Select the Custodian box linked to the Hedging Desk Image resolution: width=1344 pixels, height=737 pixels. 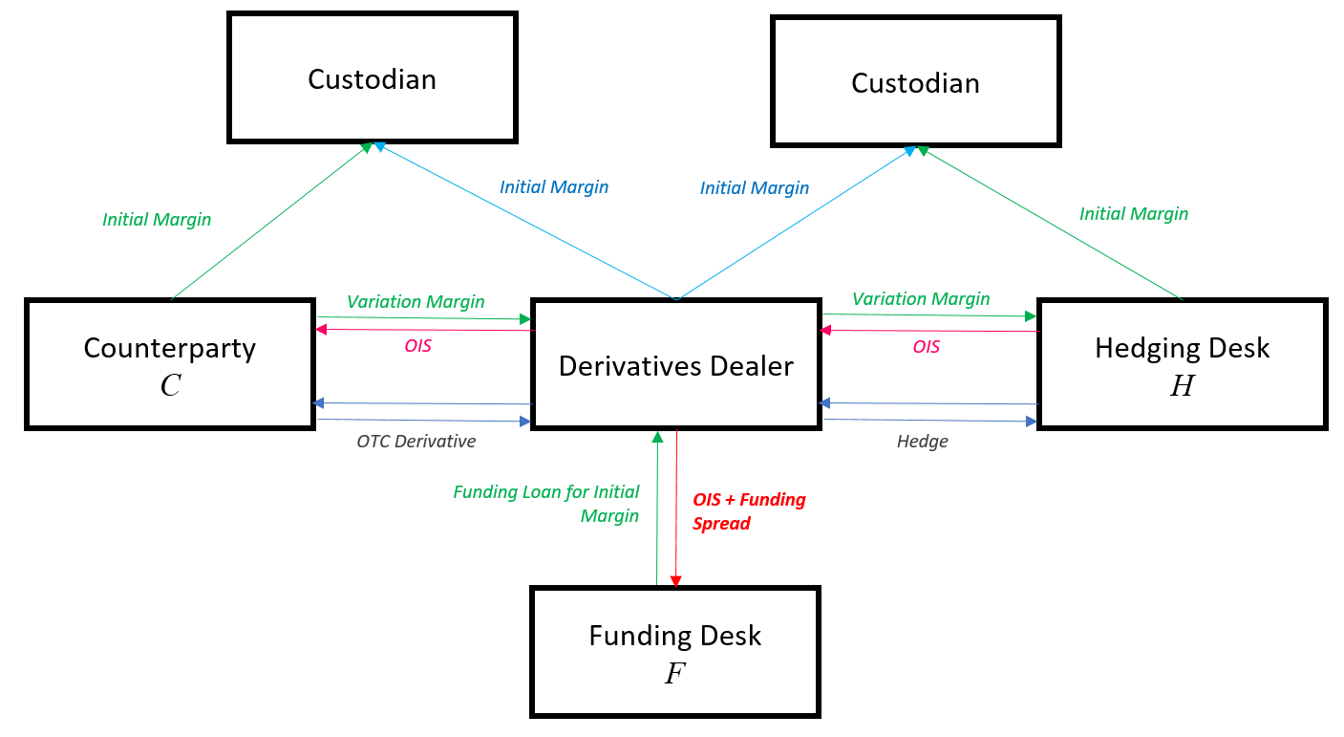click(x=915, y=82)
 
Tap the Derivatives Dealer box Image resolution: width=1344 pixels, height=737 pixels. click(x=675, y=365)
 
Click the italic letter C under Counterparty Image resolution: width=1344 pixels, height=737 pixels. click(x=170, y=386)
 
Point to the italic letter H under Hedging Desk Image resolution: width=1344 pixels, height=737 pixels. click(x=1182, y=386)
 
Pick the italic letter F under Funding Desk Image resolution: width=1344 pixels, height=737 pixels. click(x=674, y=673)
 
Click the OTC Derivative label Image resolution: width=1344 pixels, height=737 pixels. click(x=416, y=442)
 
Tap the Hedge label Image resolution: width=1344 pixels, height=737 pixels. click(x=922, y=442)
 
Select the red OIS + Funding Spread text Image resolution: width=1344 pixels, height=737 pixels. click(x=748, y=511)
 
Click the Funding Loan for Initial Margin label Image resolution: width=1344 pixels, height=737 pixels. click(x=546, y=504)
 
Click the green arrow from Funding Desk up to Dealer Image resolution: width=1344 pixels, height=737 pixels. click(x=657, y=507)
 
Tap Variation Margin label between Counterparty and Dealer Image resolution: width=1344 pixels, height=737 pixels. click(x=416, y=301)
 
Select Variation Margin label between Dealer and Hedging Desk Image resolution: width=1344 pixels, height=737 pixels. click(x=921, y=299)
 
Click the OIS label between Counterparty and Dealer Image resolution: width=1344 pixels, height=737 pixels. click(x=417, y=346)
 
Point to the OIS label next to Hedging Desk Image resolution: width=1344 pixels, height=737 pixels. click(x=926, y=346)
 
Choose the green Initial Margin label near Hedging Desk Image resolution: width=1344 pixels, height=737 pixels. click(x=1134, y=214)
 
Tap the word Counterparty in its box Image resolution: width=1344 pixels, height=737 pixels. click(x=170, y=348)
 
